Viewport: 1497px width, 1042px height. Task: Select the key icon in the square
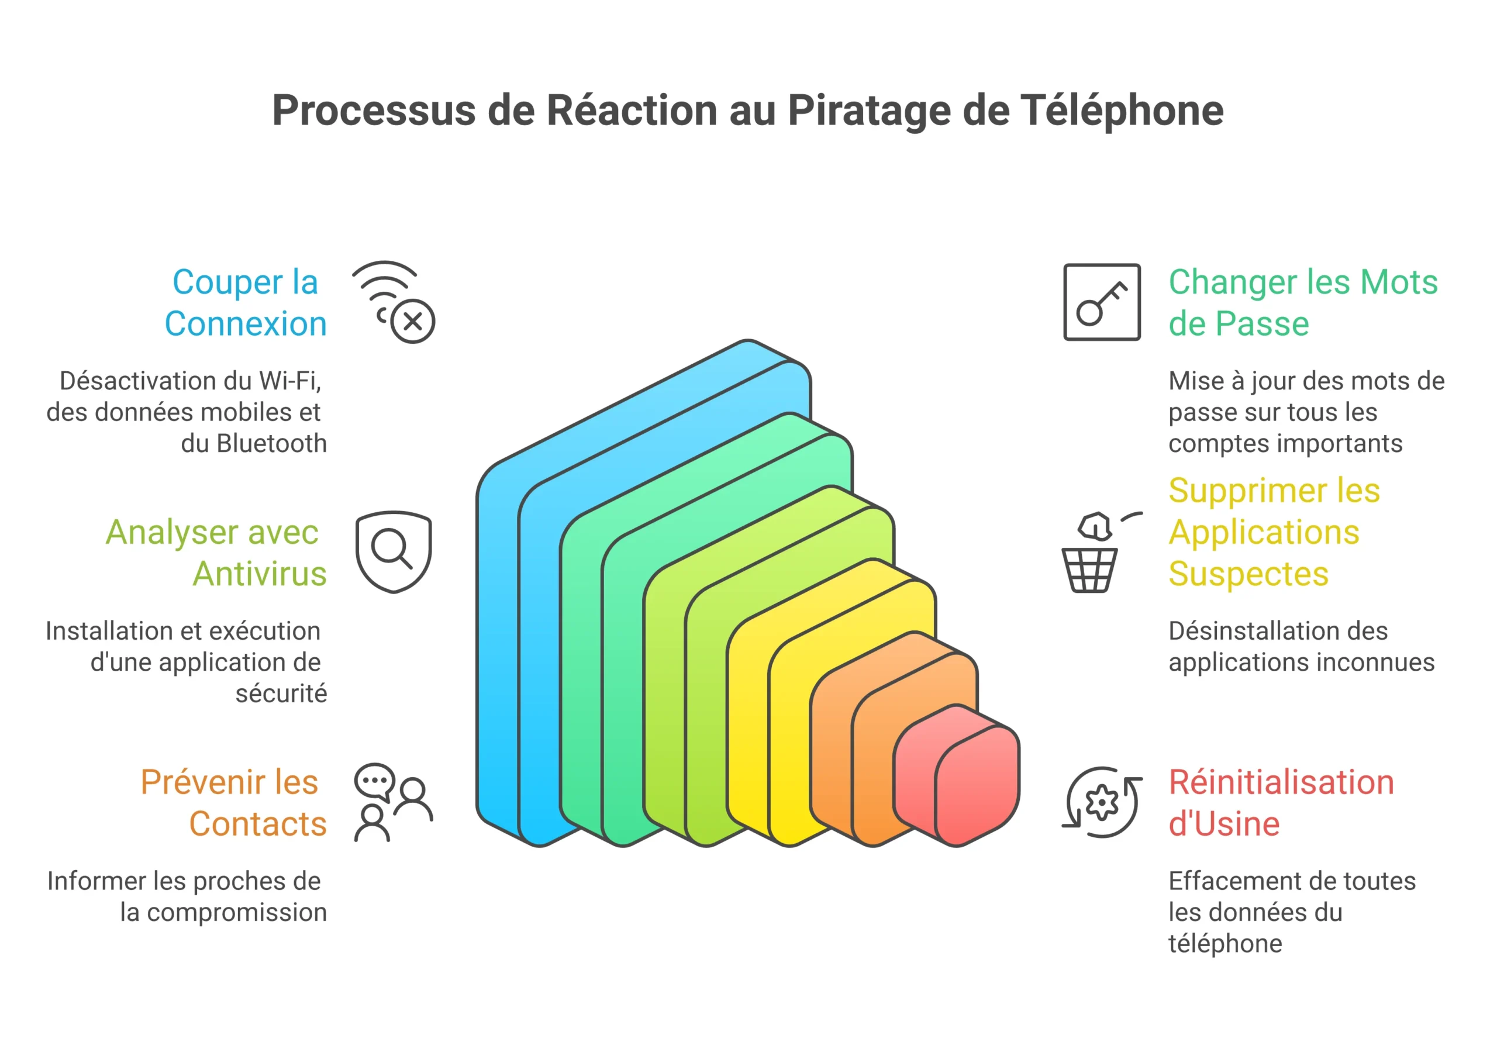1101,302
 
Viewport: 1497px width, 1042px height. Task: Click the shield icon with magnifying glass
393,551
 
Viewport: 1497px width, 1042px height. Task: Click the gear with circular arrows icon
1102,802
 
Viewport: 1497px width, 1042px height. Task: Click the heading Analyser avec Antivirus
216,553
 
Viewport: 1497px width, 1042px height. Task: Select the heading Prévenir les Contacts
233,802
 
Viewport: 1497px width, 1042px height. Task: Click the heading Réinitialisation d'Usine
1281,802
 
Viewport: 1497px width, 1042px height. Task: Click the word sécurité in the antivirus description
281,693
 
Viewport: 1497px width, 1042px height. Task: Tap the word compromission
237,912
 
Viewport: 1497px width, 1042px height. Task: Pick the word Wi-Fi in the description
289,381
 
